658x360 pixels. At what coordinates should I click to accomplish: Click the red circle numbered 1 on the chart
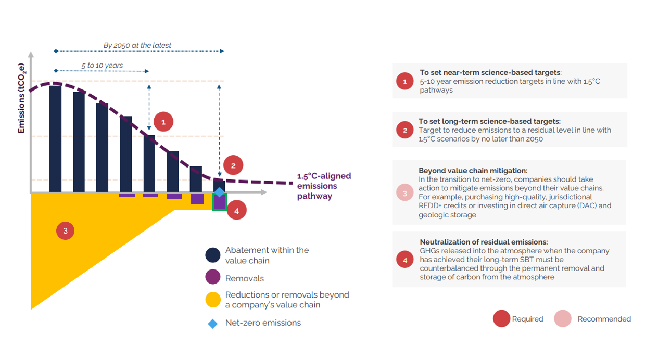tap(163, 122)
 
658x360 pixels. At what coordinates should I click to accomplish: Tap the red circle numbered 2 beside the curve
tap(233, 165)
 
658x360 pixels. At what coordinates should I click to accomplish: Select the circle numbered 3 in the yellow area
tap(65, 231)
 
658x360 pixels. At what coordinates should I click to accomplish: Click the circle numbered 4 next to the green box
tap(236, 211)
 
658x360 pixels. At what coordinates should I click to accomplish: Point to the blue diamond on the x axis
tap(220, 192)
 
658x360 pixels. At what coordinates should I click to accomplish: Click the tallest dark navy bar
tap(55, 139)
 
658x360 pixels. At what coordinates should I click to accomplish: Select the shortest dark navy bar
tap(219, 184)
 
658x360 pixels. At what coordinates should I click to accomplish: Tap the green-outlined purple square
tap(219, 202)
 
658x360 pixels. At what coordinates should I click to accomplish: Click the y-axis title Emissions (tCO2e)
tap(21, 98)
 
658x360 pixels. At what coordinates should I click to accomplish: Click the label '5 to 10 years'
tap(102, 66)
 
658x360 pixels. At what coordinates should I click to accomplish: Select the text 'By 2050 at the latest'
tap(137, 45)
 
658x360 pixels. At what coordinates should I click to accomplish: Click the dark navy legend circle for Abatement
tap(212, 255)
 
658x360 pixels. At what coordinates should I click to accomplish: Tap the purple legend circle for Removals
tap(212, 278)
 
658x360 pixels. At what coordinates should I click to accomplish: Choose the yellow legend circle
tap(212, 300)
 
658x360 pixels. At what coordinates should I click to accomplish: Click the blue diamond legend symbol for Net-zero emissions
tap(212, 323)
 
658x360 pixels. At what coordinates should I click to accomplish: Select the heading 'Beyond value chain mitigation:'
tap(473, 170)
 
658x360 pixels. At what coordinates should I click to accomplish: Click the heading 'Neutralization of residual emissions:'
tap(484, 242)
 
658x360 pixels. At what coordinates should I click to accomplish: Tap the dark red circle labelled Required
tap(501, 319)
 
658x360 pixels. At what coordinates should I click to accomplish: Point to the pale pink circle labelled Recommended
tap(563, 319)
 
